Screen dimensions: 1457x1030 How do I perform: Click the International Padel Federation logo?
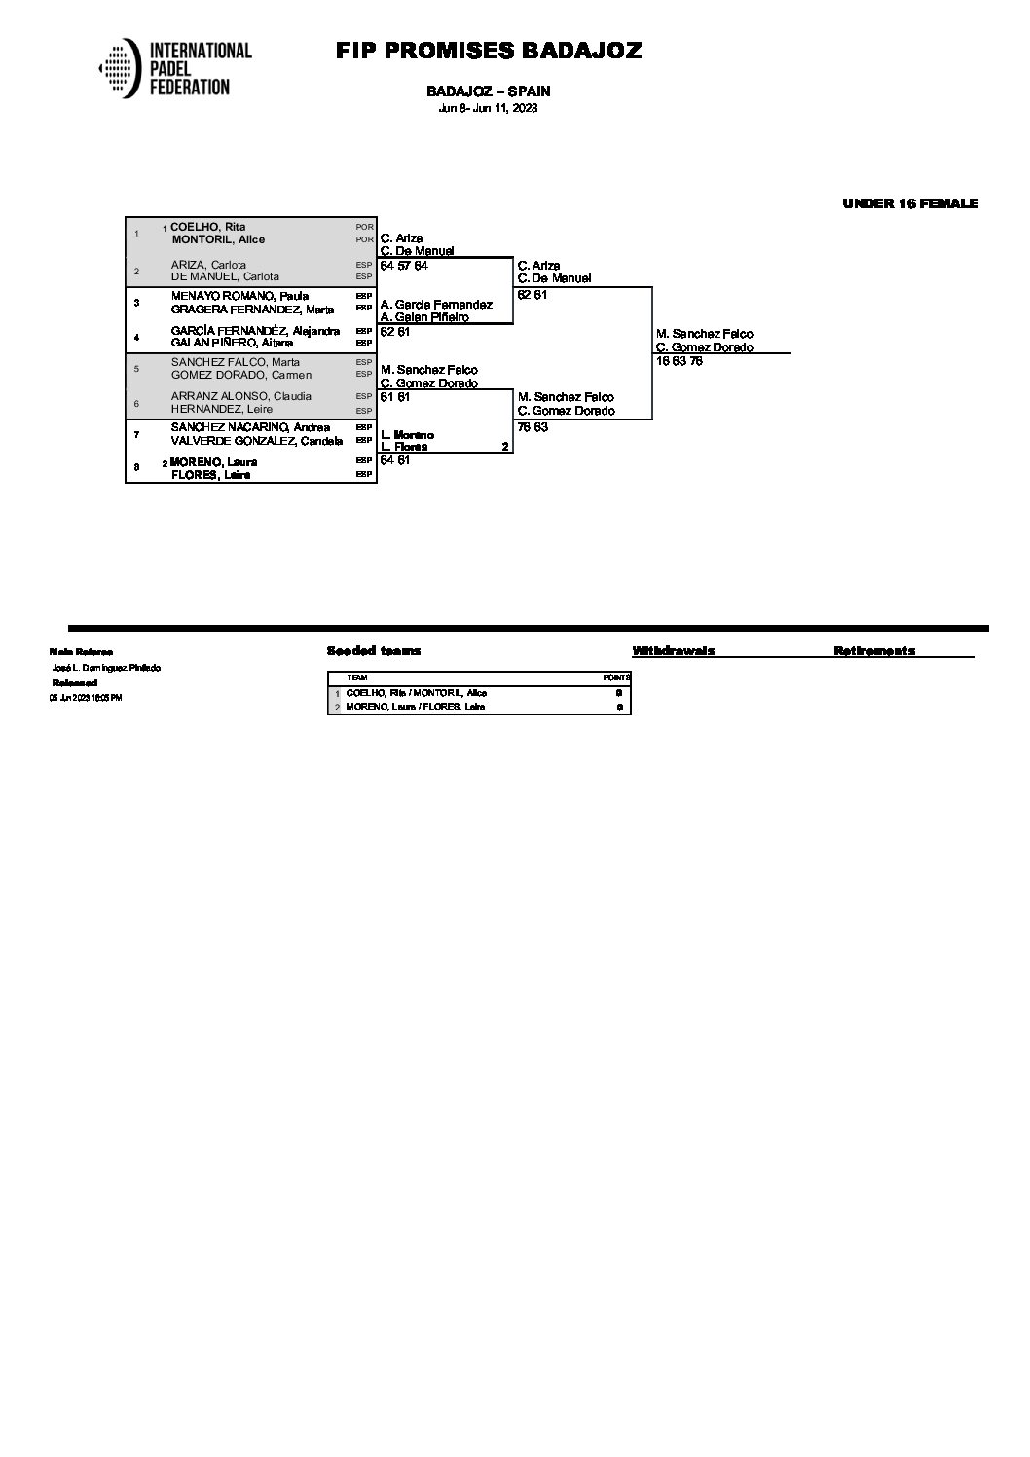(x=175, y=69)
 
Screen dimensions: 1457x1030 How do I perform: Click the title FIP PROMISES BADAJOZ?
(x=489, y=52)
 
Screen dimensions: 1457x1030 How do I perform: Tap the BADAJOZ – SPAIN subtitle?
(x=489, y=91)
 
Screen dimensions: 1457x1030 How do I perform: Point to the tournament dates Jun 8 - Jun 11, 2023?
(x=488, y=108)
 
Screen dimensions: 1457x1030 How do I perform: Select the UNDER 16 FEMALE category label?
(x=910, y=203)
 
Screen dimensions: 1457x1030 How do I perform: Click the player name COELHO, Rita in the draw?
(x=207, y=227)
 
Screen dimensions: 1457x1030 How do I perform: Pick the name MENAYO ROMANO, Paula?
(x=239, y=296)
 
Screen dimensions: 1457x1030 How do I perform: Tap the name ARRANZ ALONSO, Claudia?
(x=241, y=396)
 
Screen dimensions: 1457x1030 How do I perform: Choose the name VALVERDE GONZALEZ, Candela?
(x=257, y=441)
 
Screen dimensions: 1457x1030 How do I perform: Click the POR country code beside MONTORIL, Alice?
(x=365, y=239)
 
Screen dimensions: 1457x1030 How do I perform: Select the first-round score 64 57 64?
(x=404, y=266)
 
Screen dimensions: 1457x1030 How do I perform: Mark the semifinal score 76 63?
(x=533, y=427)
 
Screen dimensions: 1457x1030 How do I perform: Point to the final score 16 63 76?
(x=680, y=361)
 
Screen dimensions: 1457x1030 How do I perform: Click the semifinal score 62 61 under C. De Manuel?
(x=533, y=295)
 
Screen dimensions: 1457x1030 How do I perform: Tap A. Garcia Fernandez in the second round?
(x=436, y=305)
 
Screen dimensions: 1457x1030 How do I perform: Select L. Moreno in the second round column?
(x=408, y=434)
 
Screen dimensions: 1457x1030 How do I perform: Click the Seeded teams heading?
(x=374, y=651)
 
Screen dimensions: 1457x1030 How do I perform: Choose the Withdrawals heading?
(x=674, y=651)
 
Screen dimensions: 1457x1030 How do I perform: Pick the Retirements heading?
(x=874, y=651)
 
